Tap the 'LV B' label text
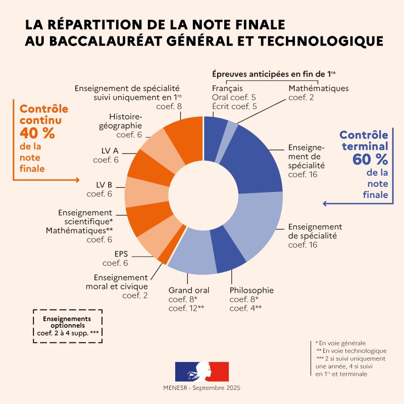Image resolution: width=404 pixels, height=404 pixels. click(x=104, y=184)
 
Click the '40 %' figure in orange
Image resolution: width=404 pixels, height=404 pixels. click(x=37, y=134)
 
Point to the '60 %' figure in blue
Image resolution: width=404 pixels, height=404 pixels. click(x=371, y=160)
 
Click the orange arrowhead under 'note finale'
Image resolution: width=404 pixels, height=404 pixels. click(x=77, y=180)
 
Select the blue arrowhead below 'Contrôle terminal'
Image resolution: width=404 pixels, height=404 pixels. click(x=325, y=204)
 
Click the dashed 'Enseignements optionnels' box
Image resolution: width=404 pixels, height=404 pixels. click(x=67, y=326)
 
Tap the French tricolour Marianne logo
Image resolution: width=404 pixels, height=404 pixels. click(x=202, y=371)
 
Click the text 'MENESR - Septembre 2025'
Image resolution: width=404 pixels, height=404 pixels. click(x=202, y=388)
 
